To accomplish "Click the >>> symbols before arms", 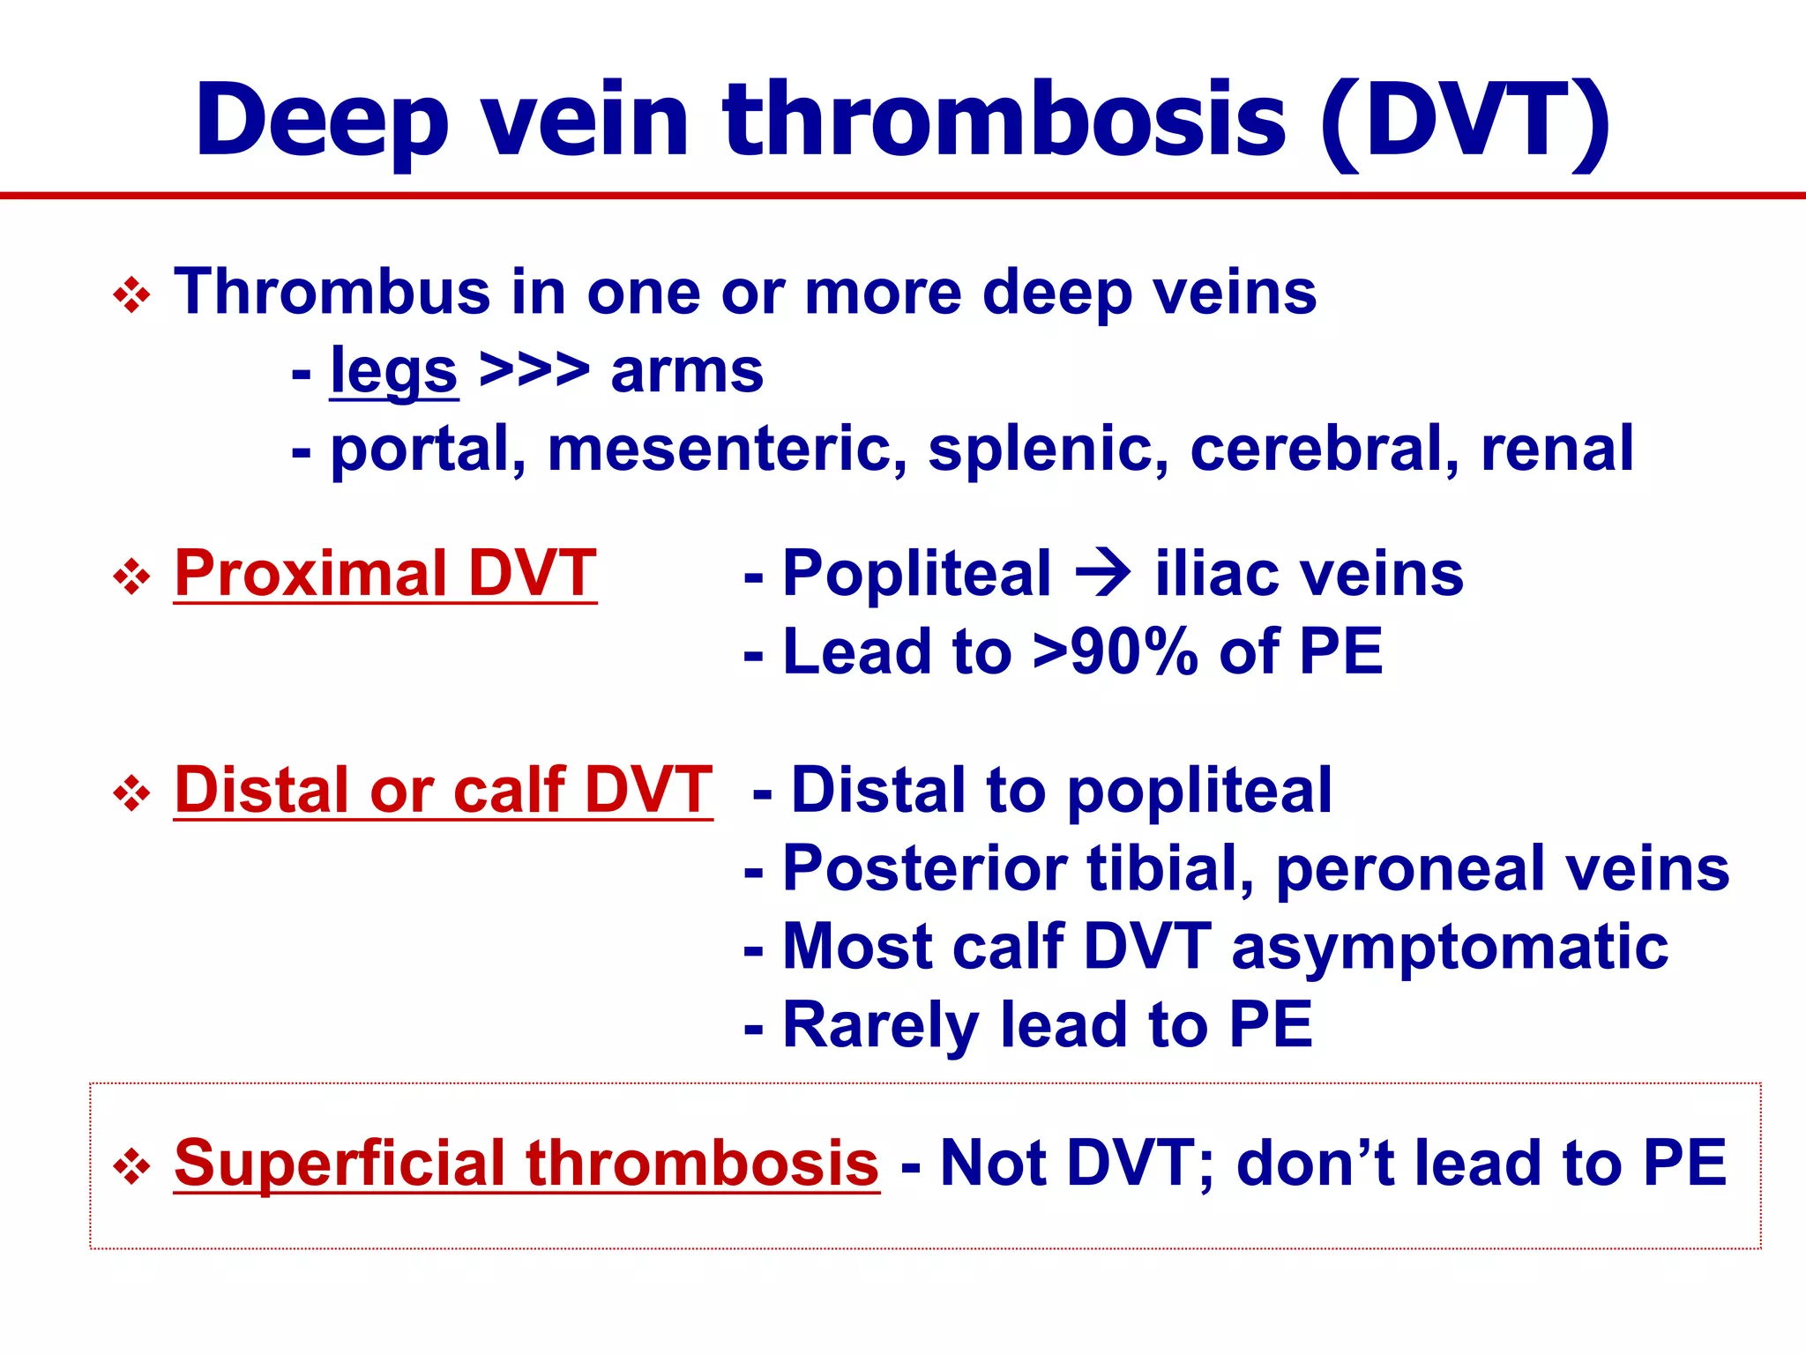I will [x=534, y=370].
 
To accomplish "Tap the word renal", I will [x=1556, y=450].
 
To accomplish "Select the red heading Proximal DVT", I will [x=385, y=574].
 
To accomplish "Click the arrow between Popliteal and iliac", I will [x=1103, y=574].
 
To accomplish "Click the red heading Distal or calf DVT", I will [x=444, y=790].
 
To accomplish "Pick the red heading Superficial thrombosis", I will [x=526, y=1164].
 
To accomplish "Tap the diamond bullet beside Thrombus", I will [x=132, y=295].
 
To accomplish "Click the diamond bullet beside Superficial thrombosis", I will [x=132, y=1167].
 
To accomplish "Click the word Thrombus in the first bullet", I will [x=332, y=293].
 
